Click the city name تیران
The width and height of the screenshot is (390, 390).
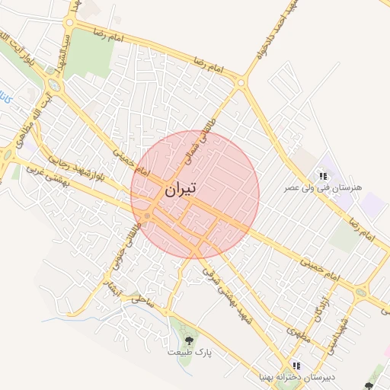[179, 189]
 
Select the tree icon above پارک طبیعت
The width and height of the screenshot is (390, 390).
[190, 340]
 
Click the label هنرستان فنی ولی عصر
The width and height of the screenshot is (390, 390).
[324, 187]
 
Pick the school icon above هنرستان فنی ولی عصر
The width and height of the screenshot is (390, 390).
[324, 176]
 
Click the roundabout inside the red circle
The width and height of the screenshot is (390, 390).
[147, 217]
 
